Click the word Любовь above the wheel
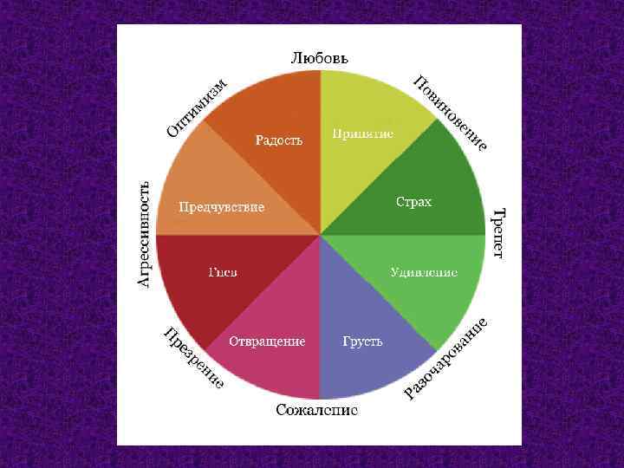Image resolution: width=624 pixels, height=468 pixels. [x=319, y=58]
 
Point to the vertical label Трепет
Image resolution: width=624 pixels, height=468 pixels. [x=498, y=233]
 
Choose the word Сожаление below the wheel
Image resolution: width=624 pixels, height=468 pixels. [x=316, y=410]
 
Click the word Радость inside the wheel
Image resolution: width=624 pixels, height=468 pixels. [x=278, y=140]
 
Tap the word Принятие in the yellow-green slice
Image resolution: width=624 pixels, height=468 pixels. [x=362, y=134]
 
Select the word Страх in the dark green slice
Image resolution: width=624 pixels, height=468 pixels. [x=413, y=202]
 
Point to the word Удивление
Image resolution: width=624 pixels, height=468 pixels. [x=423, y=272]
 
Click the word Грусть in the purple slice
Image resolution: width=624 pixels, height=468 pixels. [x=362, y=341]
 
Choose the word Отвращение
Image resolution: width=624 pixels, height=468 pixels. [x=267, y=341]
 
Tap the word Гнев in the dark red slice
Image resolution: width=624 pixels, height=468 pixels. [x=223, y=272]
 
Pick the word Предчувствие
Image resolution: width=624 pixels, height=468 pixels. [x=221, y=207]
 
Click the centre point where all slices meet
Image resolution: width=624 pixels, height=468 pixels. [x=321, y=234]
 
